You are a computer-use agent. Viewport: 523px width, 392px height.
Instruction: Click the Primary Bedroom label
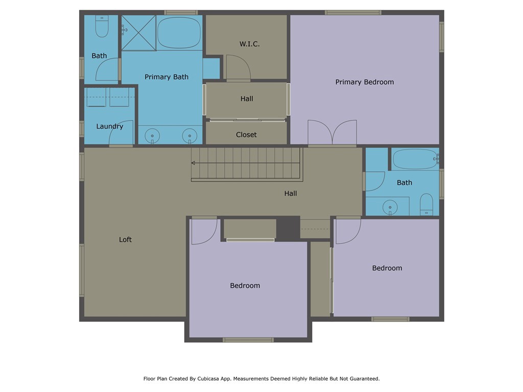coord(365,82)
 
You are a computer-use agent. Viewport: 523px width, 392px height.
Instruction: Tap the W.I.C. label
coord(249,44)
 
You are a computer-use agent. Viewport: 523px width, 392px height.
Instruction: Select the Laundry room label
coord(110,127)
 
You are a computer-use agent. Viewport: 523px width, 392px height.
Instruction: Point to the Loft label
coord(126,240)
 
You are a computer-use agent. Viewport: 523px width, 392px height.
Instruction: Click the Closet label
coord(246,135)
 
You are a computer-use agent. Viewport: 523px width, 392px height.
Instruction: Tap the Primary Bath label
coord(167,77)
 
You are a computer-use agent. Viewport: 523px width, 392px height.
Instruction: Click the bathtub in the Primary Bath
coord(179,33)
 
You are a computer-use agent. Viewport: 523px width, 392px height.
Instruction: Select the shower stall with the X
coord(138,33)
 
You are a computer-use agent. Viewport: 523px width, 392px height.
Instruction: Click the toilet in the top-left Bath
coord(102,26)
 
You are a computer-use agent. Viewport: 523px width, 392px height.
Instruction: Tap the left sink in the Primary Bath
coord(152,136)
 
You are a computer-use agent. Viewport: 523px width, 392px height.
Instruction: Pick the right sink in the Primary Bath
coord(189,136)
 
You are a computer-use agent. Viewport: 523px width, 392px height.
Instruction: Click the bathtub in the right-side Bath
coord(415,159)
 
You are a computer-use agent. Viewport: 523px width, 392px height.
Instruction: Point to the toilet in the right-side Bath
coord(426,204)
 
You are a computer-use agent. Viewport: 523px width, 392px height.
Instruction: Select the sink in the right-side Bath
coord(390,207)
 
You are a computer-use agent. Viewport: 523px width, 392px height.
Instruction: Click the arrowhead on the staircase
coord(193,163)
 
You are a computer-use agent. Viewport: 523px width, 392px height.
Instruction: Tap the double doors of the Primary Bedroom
coord(332,132)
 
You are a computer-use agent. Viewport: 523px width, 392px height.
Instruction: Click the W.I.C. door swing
coord(239,67)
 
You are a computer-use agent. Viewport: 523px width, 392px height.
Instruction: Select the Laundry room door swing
coord(122,132)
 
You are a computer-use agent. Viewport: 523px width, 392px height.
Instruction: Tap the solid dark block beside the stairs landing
coord(288,228)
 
